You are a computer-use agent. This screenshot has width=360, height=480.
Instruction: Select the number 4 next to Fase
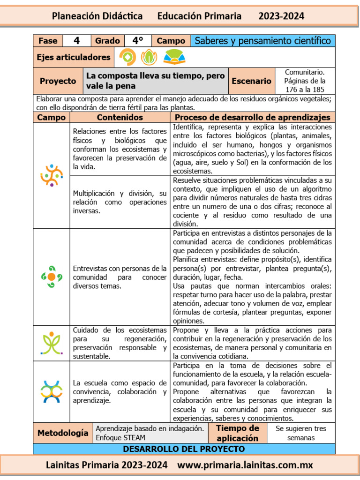pyautogui.click(x=76, y=41)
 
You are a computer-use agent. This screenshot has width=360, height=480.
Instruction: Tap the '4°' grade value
pyautogui.click(x=137, y=41)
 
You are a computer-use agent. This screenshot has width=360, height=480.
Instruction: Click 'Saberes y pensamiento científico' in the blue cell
pyautogui.click(x=262, y=41)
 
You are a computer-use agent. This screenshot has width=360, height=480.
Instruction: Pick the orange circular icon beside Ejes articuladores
pyautogui.click(x=127, y=57)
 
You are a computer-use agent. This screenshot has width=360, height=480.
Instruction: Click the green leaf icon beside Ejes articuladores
pyautogui.click(x=150, y=57)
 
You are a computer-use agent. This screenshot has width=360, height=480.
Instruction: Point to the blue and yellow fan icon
pyautogui.click(x=174, y=57)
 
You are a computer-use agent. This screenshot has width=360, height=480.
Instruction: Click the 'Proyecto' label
pyautogui.click(x=58, y=81)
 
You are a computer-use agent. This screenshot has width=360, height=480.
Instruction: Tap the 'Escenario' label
pyautogui.click(x=252, y=81)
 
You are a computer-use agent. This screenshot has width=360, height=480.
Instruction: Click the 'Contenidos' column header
pyautogui.click(x=120, y=117)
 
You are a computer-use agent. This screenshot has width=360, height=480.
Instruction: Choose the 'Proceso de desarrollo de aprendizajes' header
pyautogui.click(x=252, y=117)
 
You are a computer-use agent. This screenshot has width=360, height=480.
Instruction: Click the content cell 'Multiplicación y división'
pyautogui.click(x=120, y=202)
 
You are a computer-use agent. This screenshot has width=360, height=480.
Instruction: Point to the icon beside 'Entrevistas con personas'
pyautogui.click(x=52, y=277)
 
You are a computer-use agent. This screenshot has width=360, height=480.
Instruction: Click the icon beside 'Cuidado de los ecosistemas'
pyautogui.click(x=52, y=343)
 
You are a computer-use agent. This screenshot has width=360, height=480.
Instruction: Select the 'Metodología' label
pyautogui.click(x=63, y=433)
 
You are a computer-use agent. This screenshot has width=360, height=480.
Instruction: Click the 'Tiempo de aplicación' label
pyautogui.click(x=237, y=433)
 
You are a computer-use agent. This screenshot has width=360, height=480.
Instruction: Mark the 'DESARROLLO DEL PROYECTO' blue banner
pyautogui.click(x=184, y=449)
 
